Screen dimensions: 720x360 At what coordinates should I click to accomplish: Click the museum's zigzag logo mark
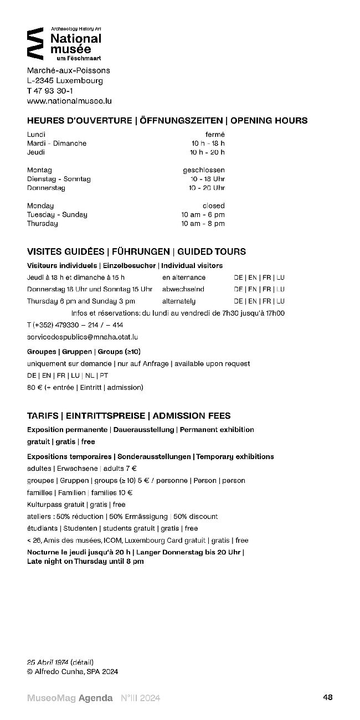[35, 43]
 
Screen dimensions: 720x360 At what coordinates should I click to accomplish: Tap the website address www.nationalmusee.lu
[69, 101]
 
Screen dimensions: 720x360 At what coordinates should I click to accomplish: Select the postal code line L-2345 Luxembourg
[65, 80]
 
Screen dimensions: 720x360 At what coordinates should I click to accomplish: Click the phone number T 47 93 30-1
[50, 91]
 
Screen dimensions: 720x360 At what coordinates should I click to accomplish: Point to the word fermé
[215, 135]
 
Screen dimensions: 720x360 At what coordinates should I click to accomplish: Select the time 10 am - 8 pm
[203, 224]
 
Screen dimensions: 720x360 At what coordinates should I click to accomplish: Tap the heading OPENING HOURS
[269, 121]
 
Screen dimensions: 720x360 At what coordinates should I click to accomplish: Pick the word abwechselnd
[183, 289]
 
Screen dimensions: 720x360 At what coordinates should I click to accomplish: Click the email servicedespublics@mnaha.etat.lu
[83, 337]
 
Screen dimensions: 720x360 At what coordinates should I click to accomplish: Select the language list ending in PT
[68, 376]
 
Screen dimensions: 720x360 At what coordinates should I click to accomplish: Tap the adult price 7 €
[131, 469]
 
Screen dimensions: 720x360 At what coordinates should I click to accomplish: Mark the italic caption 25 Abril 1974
[48, 662]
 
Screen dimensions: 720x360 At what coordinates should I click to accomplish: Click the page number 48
[328, 698]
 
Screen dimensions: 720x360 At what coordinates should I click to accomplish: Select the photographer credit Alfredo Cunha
[59, 671]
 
